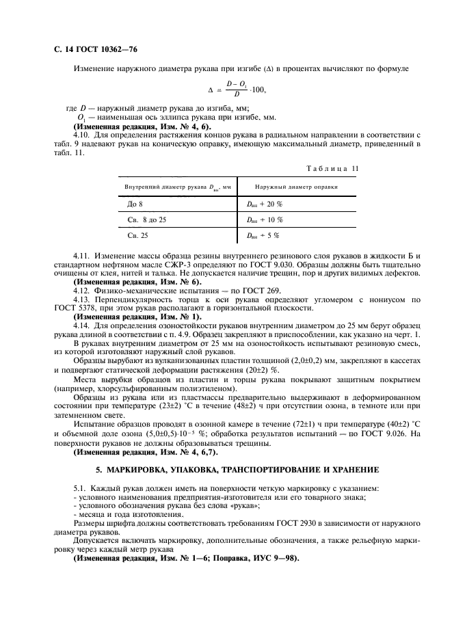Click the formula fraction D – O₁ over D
236,88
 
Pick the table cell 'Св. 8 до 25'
147,219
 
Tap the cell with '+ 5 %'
263,235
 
